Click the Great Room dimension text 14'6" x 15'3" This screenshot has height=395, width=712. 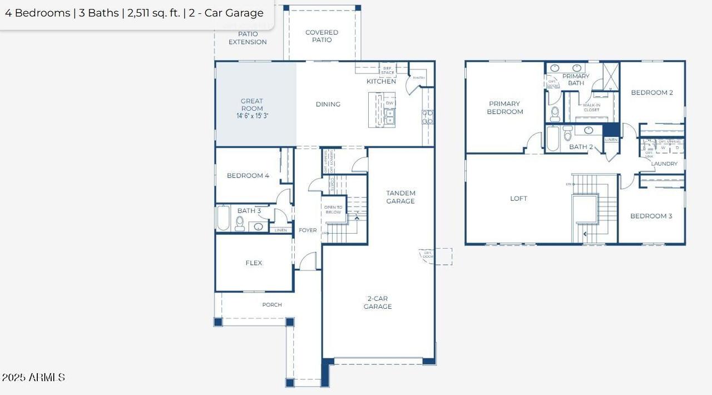coord(252,116)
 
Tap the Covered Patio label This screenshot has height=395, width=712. coord(322,36)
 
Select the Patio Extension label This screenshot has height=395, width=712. coord(248,38)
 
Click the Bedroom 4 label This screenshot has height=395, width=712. coord(248,176)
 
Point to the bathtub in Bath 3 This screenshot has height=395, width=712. coord(223,218)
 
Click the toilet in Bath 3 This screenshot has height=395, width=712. coord(240,224)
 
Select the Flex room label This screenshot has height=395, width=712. coord(254,263)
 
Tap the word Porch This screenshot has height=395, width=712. coord(272,305)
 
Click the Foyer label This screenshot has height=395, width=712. coord(308,230)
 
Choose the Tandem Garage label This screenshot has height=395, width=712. coord(400,197)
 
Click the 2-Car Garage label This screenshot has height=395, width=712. coord(378,303)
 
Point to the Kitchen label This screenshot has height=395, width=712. coord(381,82)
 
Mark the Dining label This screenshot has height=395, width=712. coord(328,105)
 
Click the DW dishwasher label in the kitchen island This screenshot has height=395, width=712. coord(389,103)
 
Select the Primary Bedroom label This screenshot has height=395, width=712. coord(505,107)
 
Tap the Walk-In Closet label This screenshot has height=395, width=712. coord(591,107)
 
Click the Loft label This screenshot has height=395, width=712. coord(518,199)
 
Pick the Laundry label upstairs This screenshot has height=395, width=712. coord(664,164)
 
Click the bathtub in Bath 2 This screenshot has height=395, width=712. coord(552,139)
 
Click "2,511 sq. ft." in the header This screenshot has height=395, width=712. coord(154,13)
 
